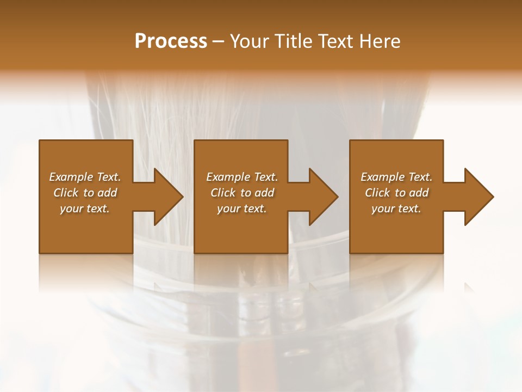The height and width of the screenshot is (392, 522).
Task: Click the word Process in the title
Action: coord(171,41)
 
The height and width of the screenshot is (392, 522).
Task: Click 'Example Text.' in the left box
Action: coord(85,177)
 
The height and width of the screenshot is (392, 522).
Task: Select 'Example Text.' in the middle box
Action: coord(241,177)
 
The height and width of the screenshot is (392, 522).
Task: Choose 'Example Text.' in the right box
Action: coord(396,177)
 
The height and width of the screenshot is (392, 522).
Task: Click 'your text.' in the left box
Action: coord(85,209)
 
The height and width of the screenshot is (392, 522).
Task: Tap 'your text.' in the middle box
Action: coord(241,209)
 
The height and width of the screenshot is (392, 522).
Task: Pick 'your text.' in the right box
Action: coord(396,209)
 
